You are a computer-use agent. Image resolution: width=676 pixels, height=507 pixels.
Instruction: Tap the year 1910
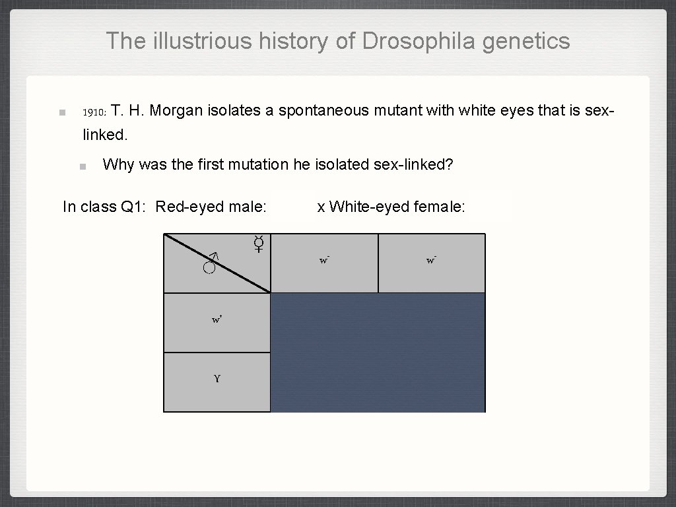(93, 112)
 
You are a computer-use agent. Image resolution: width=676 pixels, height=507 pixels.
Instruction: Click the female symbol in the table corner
(259, 244)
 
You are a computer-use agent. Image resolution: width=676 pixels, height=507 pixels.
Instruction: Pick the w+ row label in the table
(217, 320)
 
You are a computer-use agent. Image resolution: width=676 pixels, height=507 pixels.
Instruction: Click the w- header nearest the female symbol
(324, 261)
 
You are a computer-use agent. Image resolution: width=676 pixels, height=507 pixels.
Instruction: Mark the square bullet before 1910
(61, 112)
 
